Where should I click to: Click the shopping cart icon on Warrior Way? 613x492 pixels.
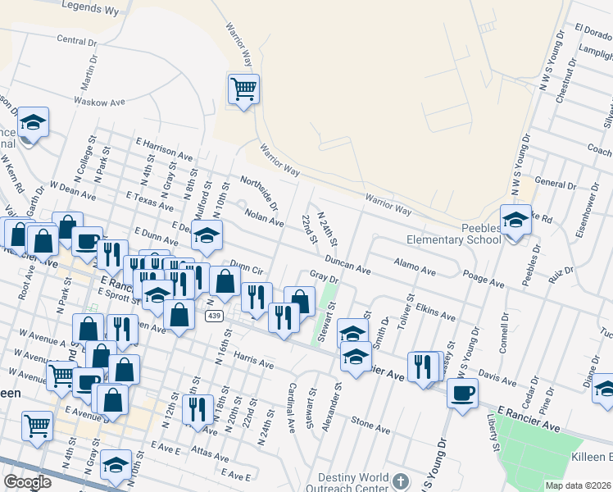coord(243,88)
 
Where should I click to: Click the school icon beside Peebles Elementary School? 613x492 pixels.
coord(515,221)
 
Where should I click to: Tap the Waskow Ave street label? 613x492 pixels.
coord(98,102)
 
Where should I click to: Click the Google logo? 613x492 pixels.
coord(27,482)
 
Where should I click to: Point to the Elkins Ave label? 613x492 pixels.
coord(435,313)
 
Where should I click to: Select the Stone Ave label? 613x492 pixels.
coord(370,425)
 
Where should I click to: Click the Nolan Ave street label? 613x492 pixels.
coord(264,218)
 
